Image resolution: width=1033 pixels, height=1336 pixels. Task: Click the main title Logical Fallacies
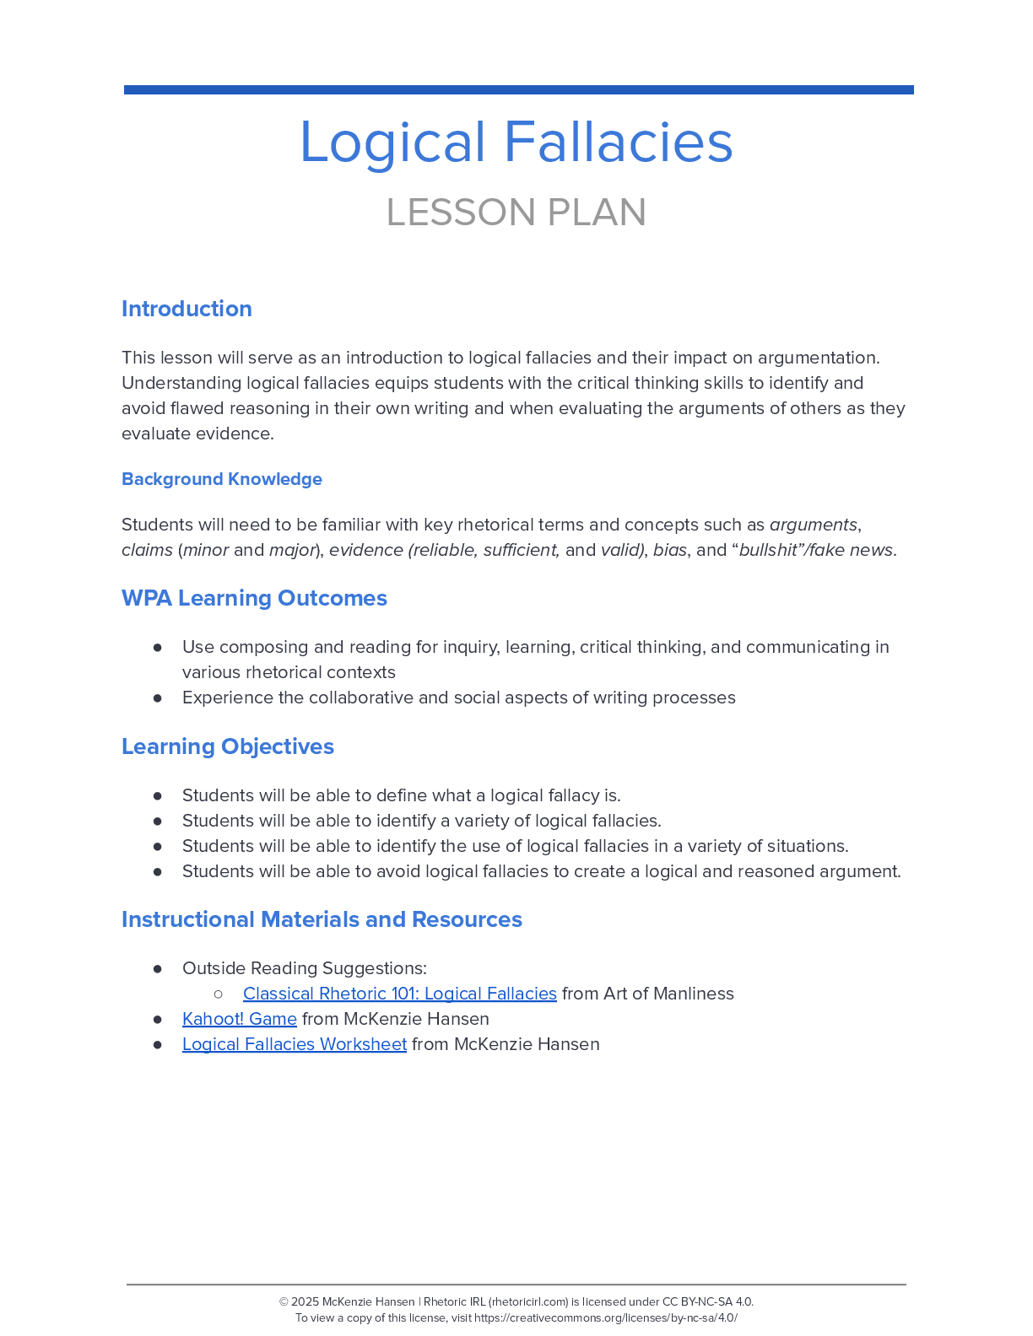click(x=516, y=142)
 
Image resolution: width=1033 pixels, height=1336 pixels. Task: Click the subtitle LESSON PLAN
click(x=516, y=213)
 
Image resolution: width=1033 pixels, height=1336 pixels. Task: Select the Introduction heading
click(x=187, y=309)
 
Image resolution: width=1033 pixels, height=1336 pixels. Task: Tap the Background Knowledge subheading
click(x=222, y=479)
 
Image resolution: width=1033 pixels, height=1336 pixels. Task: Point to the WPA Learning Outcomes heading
click(x=254, y=598)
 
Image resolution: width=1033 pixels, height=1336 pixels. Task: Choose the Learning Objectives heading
click(x=228, y=746)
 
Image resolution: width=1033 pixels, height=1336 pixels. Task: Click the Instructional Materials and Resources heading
click(x=322, y=919)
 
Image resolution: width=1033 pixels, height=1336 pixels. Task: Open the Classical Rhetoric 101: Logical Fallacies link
click(x=399, y=994)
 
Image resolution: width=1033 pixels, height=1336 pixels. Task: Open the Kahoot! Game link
click(x=240, y=1019)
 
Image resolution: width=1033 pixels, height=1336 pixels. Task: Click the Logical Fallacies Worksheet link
click(x=295, y=1044)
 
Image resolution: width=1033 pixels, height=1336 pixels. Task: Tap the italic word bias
click(x=670, y=550)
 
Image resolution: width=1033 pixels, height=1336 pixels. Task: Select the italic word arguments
click(x=814, y=525)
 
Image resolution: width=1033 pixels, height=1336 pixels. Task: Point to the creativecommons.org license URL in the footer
click(x=605, y=1318)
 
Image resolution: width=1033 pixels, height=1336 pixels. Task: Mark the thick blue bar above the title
click(x=518, y=89)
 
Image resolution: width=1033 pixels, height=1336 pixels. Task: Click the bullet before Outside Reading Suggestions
click(x=158, y=968)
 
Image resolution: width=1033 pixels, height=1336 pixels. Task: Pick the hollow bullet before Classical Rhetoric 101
click(x=219, y=994)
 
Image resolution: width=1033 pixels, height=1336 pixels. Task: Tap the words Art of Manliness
click(x=668, y=994)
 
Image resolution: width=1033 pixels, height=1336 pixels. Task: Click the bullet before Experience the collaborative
click(x=158, y=698)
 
